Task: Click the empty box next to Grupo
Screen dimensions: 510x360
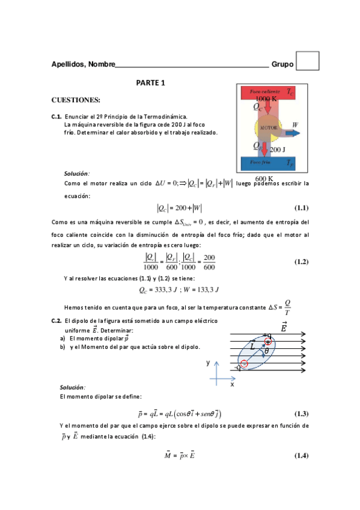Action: [x=308, y=61]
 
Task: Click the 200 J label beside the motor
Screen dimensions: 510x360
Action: [x=278, y=149]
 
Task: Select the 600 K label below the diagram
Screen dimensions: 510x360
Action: [x=264, y=179]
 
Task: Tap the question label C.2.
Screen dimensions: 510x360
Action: [x=56, y=321]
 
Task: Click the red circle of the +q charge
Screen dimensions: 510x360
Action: [x=268, y=341]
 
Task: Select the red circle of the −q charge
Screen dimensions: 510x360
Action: [x=244, y=363]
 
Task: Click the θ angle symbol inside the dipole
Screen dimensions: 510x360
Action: [x=266, y=352]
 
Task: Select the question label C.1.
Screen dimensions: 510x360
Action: [x=56, y=116]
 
